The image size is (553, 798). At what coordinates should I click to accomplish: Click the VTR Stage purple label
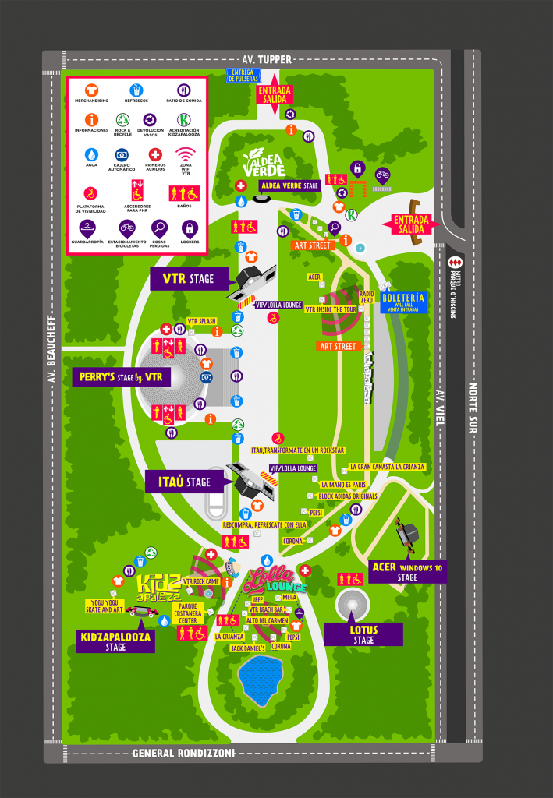188,279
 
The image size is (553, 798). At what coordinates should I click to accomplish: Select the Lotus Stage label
363,634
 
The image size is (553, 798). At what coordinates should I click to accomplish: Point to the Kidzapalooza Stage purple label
116,641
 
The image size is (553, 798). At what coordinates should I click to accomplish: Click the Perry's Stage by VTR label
121,377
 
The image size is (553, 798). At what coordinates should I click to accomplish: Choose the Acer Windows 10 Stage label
407,572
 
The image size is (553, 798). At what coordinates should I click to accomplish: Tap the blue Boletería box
403,302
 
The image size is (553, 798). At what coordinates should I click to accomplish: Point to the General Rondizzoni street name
183,753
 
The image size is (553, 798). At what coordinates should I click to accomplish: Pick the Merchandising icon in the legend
91,90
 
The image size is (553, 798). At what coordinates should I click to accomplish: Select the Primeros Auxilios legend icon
154,154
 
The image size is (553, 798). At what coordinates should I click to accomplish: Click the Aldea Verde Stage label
289,185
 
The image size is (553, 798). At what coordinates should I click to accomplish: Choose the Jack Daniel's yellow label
248,648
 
